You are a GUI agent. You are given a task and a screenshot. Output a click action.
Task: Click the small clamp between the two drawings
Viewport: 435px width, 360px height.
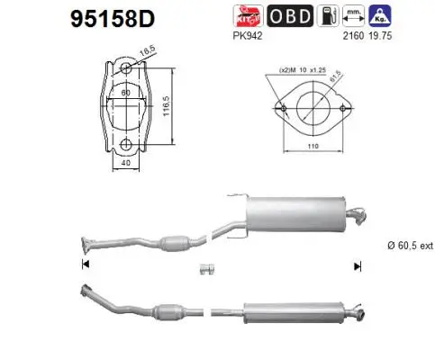pos(204,269)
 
